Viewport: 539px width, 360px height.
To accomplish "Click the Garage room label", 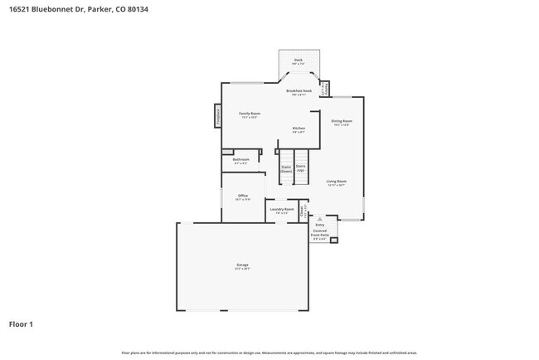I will click(241, 266).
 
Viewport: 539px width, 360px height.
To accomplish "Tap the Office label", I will click(242, 196).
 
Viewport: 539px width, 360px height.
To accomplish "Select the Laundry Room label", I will click(282, 210).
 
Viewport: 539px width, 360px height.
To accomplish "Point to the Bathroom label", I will click(241, 160).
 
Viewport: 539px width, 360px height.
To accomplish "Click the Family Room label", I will click(250, 114).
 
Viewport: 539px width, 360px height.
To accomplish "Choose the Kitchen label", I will click(298, 129).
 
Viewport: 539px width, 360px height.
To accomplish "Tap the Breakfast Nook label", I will click(299, 92).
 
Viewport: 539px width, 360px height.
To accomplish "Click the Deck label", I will click(299, 61).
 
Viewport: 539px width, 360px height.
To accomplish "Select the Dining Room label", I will click(342, 122).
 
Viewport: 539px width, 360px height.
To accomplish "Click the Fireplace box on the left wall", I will click(218, 116).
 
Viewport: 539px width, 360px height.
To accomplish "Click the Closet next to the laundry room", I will click(303, 210).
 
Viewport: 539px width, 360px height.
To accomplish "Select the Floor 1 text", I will click(21, 324).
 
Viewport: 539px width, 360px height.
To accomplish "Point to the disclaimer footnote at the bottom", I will click(269, 353).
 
